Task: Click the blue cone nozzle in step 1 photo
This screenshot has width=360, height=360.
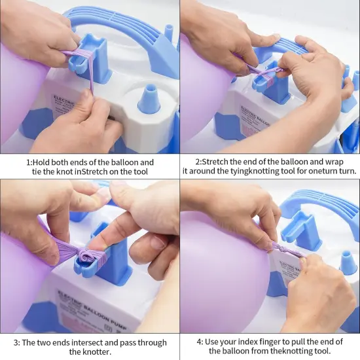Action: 149,99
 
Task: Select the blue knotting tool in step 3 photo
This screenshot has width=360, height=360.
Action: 105,252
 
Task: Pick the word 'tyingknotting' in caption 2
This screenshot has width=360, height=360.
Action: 252,172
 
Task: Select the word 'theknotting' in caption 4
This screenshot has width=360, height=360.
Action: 304,352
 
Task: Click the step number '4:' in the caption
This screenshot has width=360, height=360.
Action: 200,342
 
